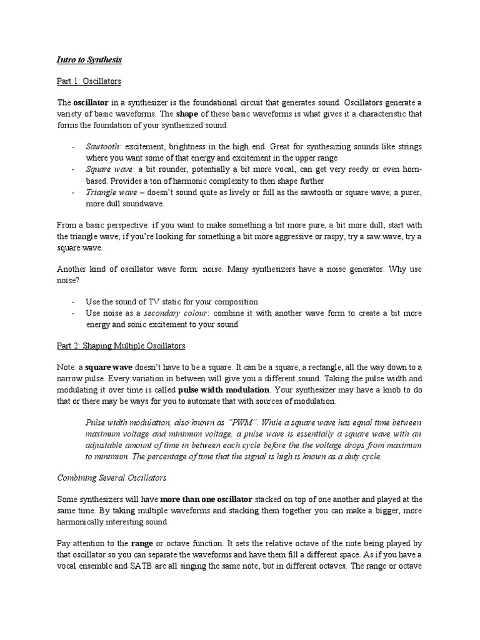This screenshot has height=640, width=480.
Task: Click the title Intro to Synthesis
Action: tap(89, 60)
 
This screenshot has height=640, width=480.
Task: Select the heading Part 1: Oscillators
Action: tap(89, 81)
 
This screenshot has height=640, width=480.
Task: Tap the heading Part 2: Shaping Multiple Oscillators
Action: tap(121, 346)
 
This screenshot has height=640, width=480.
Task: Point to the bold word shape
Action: tap(187, 114)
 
